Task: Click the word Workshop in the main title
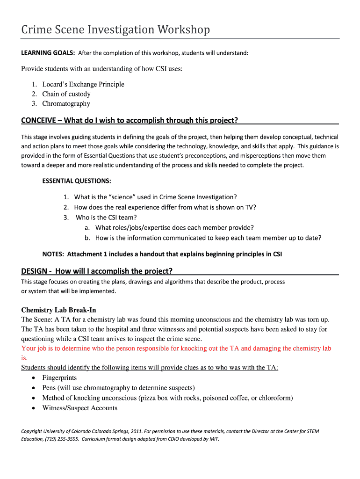tap(184, 30)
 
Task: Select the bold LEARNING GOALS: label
tap(48, 53)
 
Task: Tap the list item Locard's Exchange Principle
tap(83, 84)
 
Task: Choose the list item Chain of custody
tap(66, 94)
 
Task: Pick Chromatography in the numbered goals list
tap(66, 103)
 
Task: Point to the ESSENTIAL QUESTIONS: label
tap(77, 181)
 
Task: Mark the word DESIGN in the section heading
tap(34, 271)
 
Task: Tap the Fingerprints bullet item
tap(59, 377)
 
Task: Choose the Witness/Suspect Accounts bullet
tap(80, 408)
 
